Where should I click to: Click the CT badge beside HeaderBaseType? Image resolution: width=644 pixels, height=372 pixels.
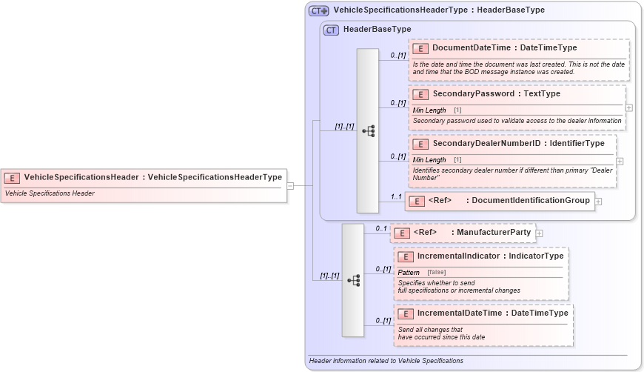(x=331, y=30)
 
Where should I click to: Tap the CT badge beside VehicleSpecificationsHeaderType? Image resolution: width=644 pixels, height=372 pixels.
(x=319, y=10)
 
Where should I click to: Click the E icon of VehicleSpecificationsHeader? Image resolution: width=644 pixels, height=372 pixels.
(x=12, y=178)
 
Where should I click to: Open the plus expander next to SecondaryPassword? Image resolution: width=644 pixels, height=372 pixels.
(x=628, y=107)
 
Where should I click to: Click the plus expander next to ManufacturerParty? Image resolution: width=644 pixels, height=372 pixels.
(x=540, y=233)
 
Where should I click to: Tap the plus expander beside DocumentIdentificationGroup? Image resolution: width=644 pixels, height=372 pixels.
(x=598, y=201)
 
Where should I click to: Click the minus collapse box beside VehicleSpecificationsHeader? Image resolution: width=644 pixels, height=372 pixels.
(x=291, y=185)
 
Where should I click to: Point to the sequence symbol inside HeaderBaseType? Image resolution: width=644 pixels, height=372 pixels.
(x=368, y=131)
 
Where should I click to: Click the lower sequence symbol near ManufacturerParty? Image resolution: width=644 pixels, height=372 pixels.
(x=352, y=280)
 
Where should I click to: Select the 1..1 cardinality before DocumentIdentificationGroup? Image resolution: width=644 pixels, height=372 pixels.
(x=396, y=197)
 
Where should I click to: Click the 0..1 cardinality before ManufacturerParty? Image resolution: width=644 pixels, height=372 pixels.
(x=380, y=228)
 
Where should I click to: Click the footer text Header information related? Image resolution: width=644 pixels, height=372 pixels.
(x=386, y=361)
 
